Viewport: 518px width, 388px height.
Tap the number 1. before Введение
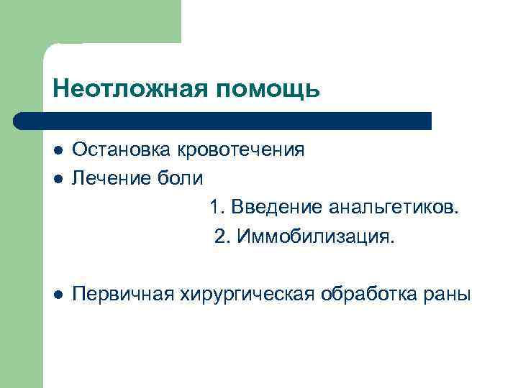click(218, 208)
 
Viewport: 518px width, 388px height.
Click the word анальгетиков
click(393, 208)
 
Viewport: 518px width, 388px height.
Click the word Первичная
click(117, 295)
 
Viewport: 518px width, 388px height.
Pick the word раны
click(450, 295)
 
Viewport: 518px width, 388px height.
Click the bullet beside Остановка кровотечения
click(58, 151)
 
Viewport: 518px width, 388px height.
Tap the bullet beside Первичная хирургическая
click(58, 295)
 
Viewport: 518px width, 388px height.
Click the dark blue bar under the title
click(230, 121)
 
